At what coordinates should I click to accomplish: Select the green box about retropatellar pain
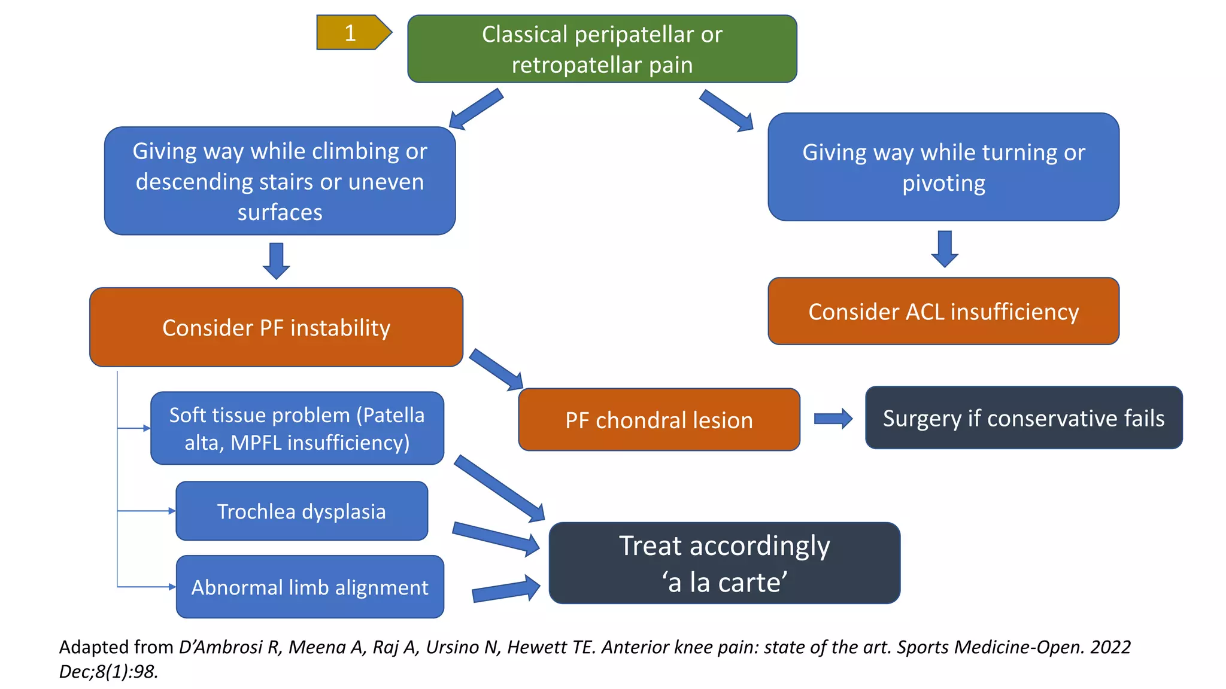click(x=602, y=49)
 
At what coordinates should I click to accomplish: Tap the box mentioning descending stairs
click(x=280, y=181)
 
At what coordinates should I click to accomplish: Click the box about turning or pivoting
click(x=943, y=167)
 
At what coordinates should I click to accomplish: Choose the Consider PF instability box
click(x=276, y=327)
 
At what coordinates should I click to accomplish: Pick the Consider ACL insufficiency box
click(x=943, y=311)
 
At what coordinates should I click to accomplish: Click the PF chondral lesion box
click(x=658, y=420)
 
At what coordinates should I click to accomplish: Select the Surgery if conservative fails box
click(x=1023, y=418)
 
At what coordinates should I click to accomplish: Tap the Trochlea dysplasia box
click(x=302, y=511)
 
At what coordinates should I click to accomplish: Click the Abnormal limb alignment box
click(x=309, y=587)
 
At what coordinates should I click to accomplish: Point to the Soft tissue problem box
click(x=297, y=428)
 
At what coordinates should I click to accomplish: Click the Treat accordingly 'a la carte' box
click(x=724, y=563)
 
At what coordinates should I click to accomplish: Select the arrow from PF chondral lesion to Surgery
click(x=833, y=419)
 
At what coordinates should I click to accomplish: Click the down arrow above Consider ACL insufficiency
click(x=945, y=248)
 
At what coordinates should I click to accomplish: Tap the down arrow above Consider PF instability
click(x=277, y=260)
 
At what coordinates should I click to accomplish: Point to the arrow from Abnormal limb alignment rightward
click(x=506, y=589)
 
